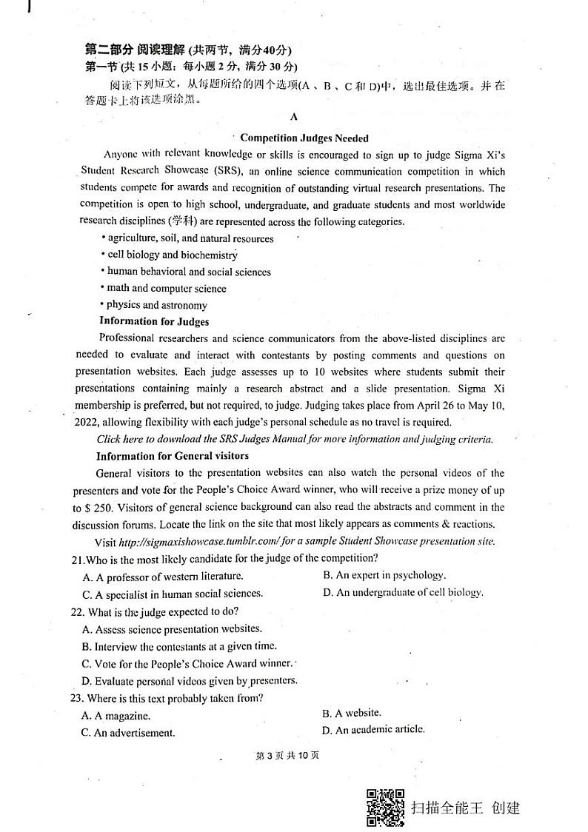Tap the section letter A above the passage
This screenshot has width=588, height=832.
(x=294, y=117)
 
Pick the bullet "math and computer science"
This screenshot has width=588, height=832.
(x=165, y=288)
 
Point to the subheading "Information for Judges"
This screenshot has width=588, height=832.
(x=154, y=321)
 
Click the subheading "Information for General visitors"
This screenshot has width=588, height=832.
(x=172, y=456)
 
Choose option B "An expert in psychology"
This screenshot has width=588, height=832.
(x=384, y=575)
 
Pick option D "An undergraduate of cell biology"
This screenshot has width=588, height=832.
(x=403, y=592)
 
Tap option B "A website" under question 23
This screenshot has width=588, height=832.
(x=352, y=713)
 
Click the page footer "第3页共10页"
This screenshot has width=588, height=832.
(x=287, y=756)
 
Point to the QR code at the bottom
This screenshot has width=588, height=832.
(x=385, y=808)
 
